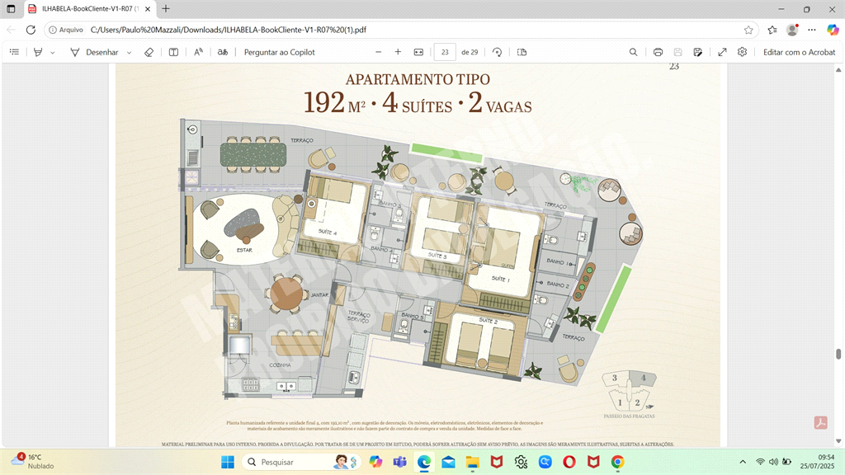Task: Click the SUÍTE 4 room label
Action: click(328, 233)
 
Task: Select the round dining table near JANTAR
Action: click(286, 294)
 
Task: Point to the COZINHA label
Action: click(280, 365)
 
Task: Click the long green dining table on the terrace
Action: click(253, 154)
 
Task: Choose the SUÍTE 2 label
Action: click(489, 321)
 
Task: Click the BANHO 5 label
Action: click(412, 316)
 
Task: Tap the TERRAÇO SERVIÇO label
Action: click(359, 317)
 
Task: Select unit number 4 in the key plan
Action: click(642, 378)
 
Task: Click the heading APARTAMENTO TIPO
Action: click(418, 80)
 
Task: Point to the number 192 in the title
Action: click(323, 103)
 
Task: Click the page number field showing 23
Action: click(445, 52)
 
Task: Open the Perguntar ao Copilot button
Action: click(279, 52)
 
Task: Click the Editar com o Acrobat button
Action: click(799, 52)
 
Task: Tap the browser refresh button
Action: click(31, 30)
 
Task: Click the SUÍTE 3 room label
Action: click(437, 256)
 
